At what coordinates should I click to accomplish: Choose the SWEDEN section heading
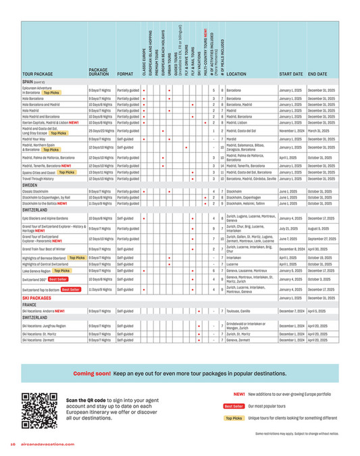click(x=31, y=184)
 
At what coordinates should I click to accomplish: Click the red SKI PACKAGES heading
click(x=38, y=297)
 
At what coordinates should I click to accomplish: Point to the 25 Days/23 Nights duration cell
click(x=103, y=130)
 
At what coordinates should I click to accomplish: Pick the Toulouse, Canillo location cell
click(x=242, y=311)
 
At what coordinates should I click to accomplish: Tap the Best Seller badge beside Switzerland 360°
click(x=57, y=278)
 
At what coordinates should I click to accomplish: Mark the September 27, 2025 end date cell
click(x=322, y=238)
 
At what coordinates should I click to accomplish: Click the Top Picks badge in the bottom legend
click(x=234, y=418)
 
